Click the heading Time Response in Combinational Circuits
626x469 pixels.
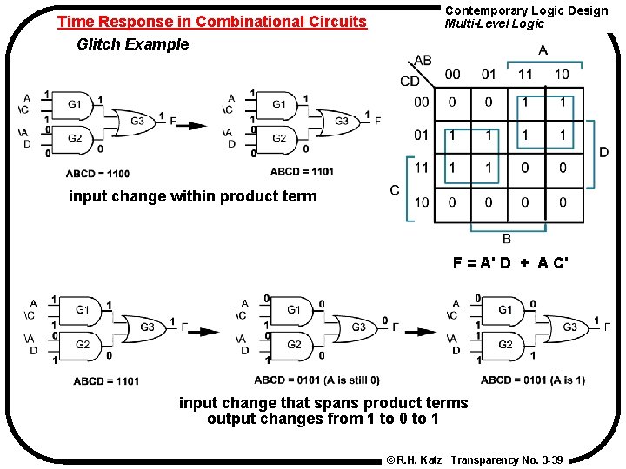point(212,22)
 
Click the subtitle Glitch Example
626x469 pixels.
point(132,44)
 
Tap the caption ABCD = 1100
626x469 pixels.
point(97,174)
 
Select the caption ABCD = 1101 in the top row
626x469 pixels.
point(302,171)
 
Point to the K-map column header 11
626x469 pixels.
point(525,75)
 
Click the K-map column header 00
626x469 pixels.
point(453,75)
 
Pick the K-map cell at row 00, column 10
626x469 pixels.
point(562,102)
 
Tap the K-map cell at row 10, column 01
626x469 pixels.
point(489,202)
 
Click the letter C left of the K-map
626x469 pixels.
point(395,190)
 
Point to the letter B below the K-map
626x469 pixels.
point(507,239)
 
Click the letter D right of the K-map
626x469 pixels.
point(603,153)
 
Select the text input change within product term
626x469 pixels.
point(193,196)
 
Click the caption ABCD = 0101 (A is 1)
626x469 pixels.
point(533,380)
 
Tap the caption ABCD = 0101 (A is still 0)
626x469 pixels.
point(316,380)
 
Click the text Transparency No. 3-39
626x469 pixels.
point(507,458)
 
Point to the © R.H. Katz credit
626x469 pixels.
point(414,458)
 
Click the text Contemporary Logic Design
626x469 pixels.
point(527,10)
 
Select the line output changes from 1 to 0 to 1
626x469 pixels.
point(323,419)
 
